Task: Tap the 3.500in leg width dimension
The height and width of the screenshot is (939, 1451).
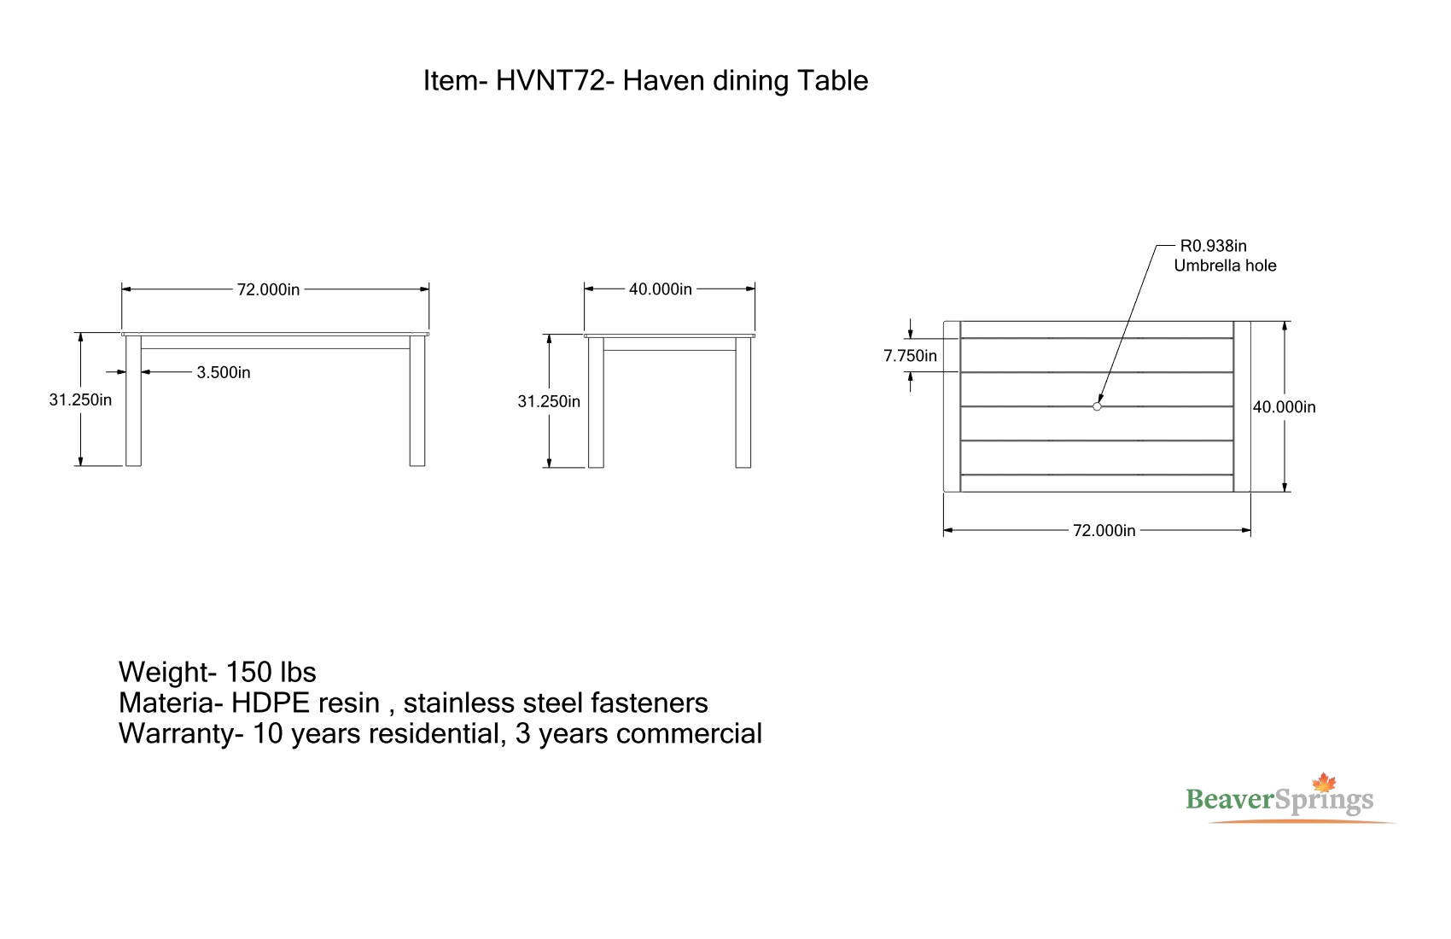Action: point(224,373)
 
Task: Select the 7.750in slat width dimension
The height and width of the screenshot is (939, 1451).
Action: point(910,356)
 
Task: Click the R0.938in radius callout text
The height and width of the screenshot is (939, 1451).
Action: point(1213,246)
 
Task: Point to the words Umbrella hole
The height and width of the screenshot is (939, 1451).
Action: point(1225,265)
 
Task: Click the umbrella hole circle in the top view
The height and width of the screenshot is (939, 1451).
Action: point(1097,407)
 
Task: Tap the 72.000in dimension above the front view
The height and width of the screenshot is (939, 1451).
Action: point(268,289)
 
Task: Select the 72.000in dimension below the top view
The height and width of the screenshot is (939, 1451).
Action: point(1104,531)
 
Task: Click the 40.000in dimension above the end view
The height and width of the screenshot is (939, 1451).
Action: point(660,289)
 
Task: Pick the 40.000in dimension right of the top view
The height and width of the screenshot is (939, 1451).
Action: point(1284,407)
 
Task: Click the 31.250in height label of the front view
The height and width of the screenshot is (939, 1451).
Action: point(80,400)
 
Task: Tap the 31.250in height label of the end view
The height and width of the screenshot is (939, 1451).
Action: point(549,402)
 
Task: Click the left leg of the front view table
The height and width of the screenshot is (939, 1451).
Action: point(133,400)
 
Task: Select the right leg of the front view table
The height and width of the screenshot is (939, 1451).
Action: point(417,400)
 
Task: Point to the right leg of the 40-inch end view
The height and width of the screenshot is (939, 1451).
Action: point(743,402)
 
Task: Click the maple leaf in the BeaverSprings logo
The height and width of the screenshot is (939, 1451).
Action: point(1324,782)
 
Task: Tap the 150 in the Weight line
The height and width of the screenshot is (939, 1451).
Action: point(248,672)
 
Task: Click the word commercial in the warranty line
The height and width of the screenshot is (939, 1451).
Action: point(689,734)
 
